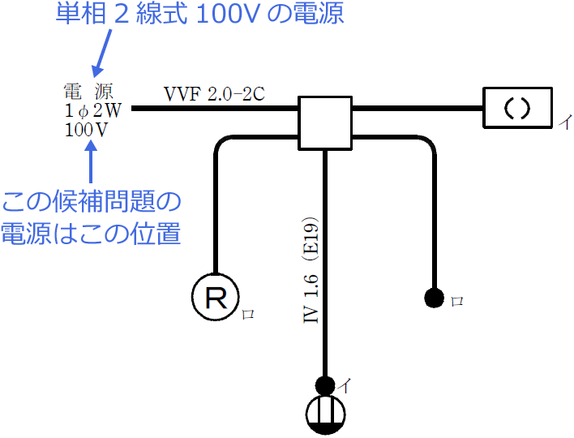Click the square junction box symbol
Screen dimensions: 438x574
325,123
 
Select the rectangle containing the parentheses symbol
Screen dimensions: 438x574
518,108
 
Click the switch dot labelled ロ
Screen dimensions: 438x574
434,298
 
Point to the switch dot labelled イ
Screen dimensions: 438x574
325,385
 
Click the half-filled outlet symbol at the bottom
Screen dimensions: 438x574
325,415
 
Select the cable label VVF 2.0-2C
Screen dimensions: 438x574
214,93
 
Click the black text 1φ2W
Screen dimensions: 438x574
92,109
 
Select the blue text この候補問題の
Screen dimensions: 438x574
91,202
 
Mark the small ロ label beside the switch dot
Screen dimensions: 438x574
456,301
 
